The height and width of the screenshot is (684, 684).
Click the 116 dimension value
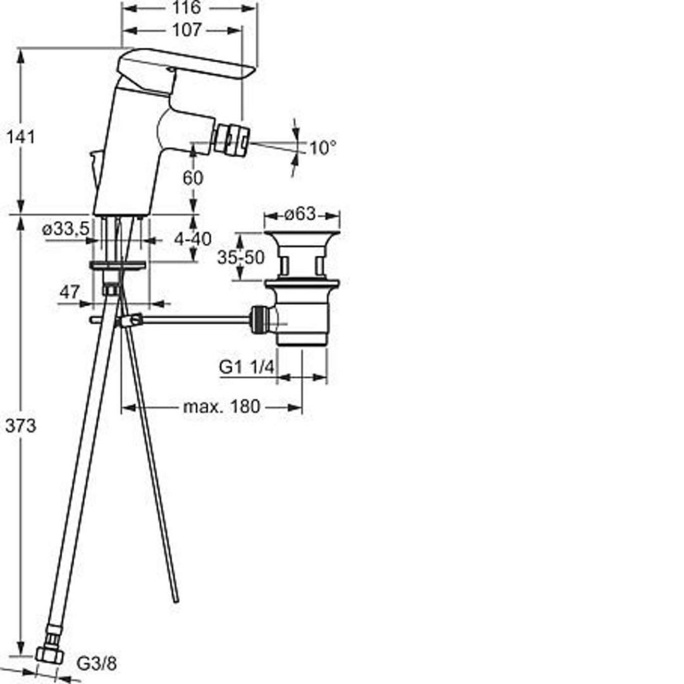coord(187,7)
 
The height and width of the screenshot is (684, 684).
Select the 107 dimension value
coord(187,30)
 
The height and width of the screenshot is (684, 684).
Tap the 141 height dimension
coord(20,137)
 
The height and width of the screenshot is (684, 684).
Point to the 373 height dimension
coord(21,425)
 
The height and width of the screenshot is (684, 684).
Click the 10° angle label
coord(323,148)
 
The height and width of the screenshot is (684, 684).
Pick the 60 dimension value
coord(193,178)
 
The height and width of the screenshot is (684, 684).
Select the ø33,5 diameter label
coord(66,228)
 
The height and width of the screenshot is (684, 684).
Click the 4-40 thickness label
coord(192,238)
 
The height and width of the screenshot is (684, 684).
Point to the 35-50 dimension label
coord(240,257)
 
